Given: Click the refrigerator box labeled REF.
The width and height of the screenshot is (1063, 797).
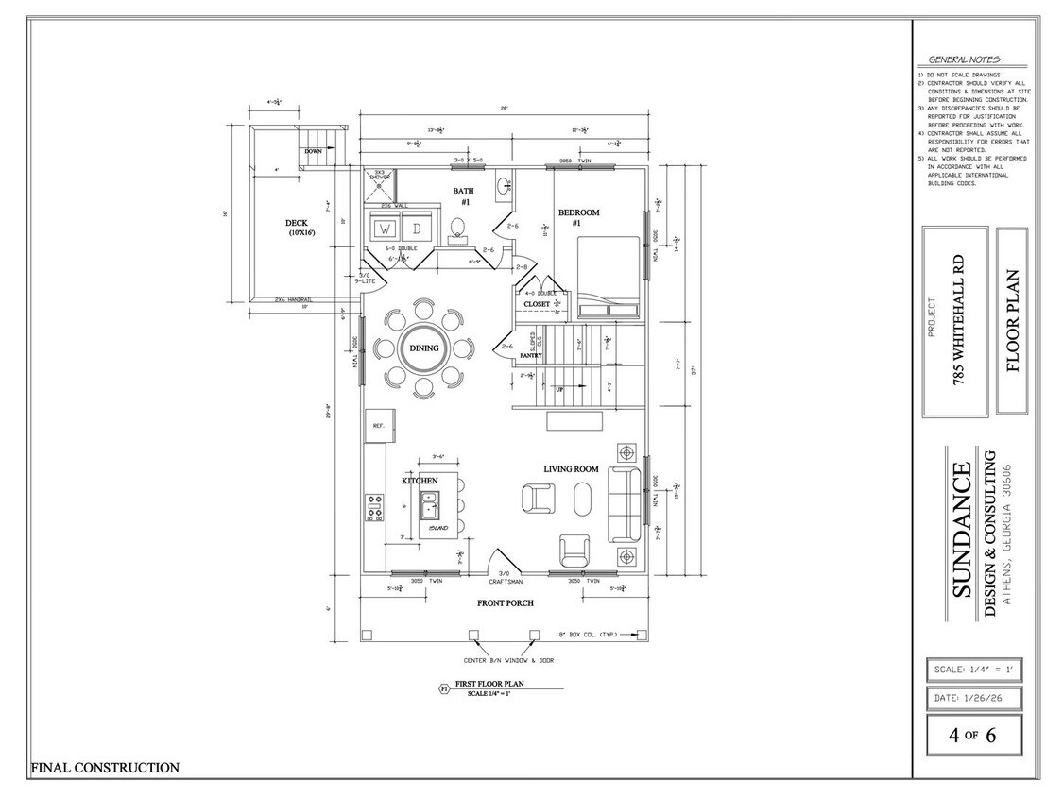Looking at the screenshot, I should tap(378, 425).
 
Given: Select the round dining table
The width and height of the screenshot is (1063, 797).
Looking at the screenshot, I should tap(423, 348).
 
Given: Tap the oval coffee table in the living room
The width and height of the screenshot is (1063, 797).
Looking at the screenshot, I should tap(583, 499).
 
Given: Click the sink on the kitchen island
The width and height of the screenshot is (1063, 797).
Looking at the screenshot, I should tap(434, 509).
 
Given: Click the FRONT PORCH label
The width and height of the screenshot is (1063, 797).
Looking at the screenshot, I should tap(506, 602).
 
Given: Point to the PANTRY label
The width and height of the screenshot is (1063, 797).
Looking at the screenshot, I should tap(529, 355).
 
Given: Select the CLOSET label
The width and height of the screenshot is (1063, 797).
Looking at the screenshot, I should tap(537, 304).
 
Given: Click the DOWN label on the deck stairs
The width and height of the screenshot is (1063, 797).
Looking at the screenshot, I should tap(314, 151).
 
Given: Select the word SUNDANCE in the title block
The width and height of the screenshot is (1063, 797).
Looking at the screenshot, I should tap(960, 542).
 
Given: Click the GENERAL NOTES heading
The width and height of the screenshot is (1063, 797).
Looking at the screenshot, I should tap(964, 59).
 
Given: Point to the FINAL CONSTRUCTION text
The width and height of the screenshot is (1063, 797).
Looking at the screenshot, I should tap(105, 768).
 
